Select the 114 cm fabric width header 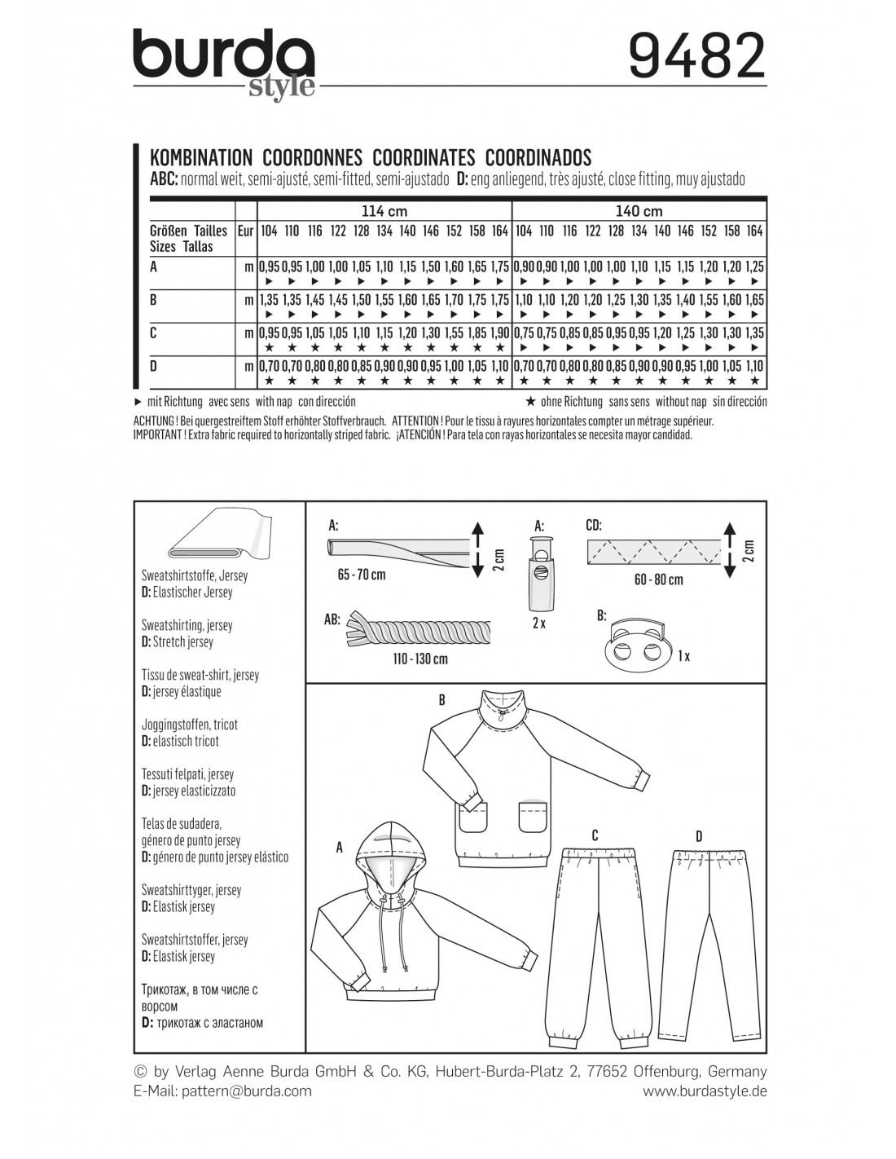coord(384,210)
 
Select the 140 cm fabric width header coord(639,210)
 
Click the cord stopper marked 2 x coord(539,576)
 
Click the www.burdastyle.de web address coord(705,1091)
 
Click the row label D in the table coord(154,366)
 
